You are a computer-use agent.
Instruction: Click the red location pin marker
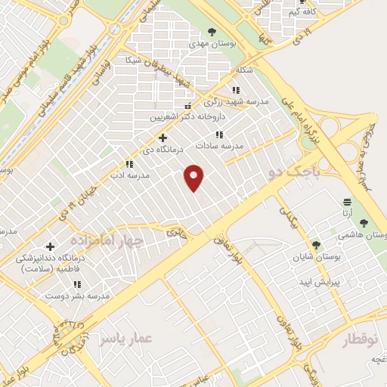pos(195,178)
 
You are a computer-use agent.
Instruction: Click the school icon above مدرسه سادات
pos(219,135)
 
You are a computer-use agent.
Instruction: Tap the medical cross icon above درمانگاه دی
pos(162,138)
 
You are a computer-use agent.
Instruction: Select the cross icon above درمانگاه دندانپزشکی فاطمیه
pos(50,246)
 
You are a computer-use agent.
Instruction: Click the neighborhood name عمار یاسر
pos(125,337)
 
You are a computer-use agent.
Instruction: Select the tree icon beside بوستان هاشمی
pos(364,223)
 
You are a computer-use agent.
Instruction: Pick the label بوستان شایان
pos(316,257)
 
